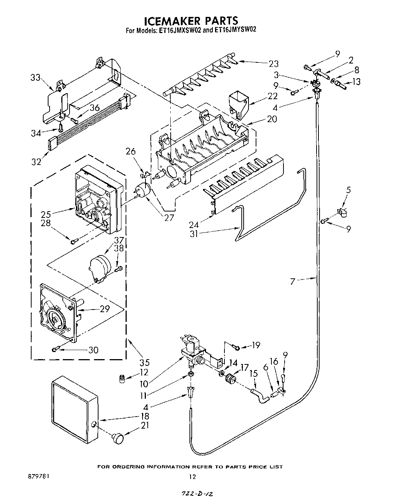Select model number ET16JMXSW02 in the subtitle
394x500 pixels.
tap(179, 30)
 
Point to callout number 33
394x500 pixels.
tap(35, 78)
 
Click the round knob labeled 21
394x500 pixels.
tap(119, 437)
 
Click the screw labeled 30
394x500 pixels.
tap(55, 350)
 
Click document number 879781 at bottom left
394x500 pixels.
tap(38, 476)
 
